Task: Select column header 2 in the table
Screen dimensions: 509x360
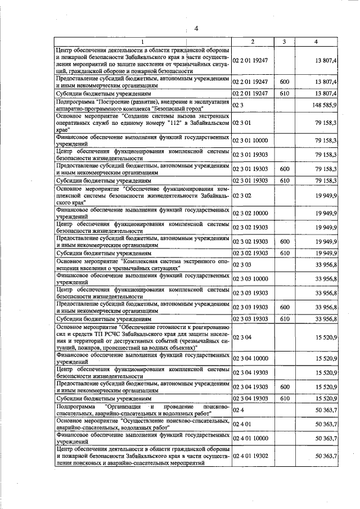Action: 253,42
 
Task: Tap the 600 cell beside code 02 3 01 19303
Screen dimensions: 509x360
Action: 284,169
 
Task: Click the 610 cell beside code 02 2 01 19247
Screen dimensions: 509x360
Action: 284,93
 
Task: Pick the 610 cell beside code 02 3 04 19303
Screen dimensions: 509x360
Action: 284,398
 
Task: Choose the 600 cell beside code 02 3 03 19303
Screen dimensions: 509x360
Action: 284,307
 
